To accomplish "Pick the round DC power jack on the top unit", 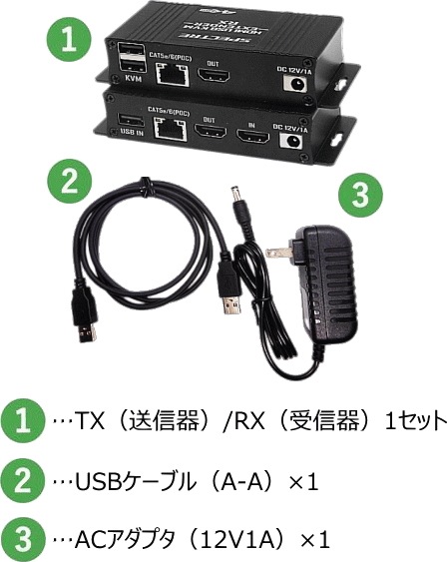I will pyautogui.click(x=295, y=85).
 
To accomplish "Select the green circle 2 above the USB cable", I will pyautogui.click(x=69, y=183).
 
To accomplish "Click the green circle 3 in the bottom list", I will pyautogui.click(x=26, y=540).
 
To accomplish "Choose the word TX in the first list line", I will pyautogui.click(x=95, y=420).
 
